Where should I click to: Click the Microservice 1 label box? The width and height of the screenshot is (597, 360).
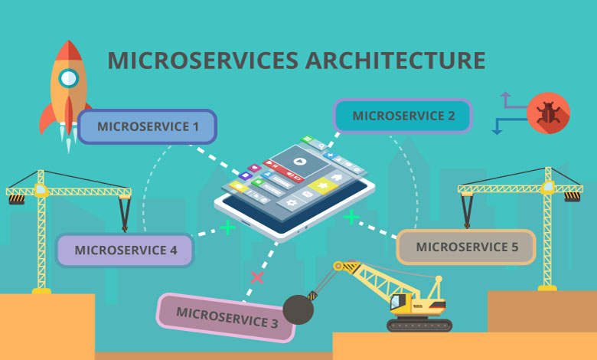pos(147,126)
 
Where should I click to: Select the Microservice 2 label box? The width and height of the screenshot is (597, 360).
pos(403,116)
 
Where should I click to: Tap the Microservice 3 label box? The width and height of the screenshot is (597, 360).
pos(226,317)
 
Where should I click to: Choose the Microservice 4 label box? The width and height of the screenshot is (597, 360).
pos(125,250)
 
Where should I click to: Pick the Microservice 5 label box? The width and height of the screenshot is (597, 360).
pos(466,247)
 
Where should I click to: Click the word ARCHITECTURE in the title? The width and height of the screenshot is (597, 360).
pos(395,61)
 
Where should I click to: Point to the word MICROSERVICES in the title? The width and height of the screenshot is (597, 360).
pos(203,61)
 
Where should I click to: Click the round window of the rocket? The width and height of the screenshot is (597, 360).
pos(69,78)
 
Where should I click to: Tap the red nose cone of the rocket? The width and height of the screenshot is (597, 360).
pos(69,51)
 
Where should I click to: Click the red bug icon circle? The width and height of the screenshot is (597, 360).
pos(548,113)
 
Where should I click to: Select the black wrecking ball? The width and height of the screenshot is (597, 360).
pos(298,309)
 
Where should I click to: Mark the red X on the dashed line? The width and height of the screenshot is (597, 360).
pos(257,277)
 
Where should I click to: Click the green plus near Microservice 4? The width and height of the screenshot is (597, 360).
pos(227,227)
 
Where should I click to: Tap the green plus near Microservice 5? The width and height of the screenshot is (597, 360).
pos(351,217)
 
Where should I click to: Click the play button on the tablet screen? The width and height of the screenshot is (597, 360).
pos(300,162)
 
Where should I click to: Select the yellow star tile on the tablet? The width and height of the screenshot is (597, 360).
pos(323,186)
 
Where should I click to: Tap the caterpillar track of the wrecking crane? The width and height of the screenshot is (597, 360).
pos(419,325)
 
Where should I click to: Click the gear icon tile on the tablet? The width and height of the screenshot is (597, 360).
pos(292,203)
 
